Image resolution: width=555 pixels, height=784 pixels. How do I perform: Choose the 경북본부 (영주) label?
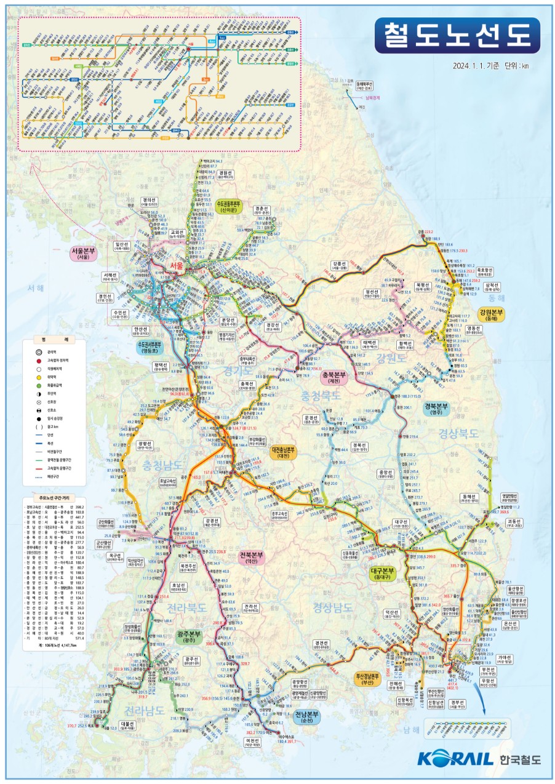tap(436, 409)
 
